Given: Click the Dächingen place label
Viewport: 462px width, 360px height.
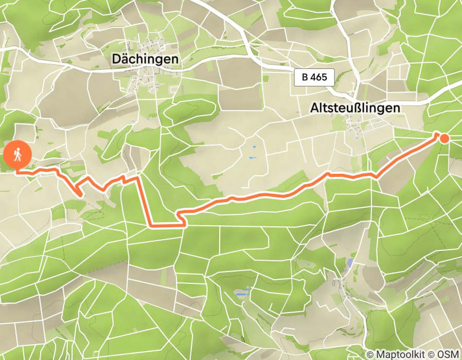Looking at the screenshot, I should (145, 59).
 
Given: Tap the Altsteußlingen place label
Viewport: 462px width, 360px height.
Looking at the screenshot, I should (355, 108).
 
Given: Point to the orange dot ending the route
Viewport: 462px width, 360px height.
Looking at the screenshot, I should (444, 138).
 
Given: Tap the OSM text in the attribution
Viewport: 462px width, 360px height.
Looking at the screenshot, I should (448, 354).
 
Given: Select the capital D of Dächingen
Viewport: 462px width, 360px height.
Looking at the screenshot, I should (116, 59).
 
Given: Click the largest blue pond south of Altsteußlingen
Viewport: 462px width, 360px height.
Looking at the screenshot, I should (350, 263).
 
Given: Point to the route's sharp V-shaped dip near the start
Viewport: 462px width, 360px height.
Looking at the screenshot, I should (80, 194).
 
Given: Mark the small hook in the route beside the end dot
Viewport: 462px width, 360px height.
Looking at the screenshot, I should (438, 135).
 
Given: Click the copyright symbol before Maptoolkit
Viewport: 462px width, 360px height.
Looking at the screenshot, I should (370, 354).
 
